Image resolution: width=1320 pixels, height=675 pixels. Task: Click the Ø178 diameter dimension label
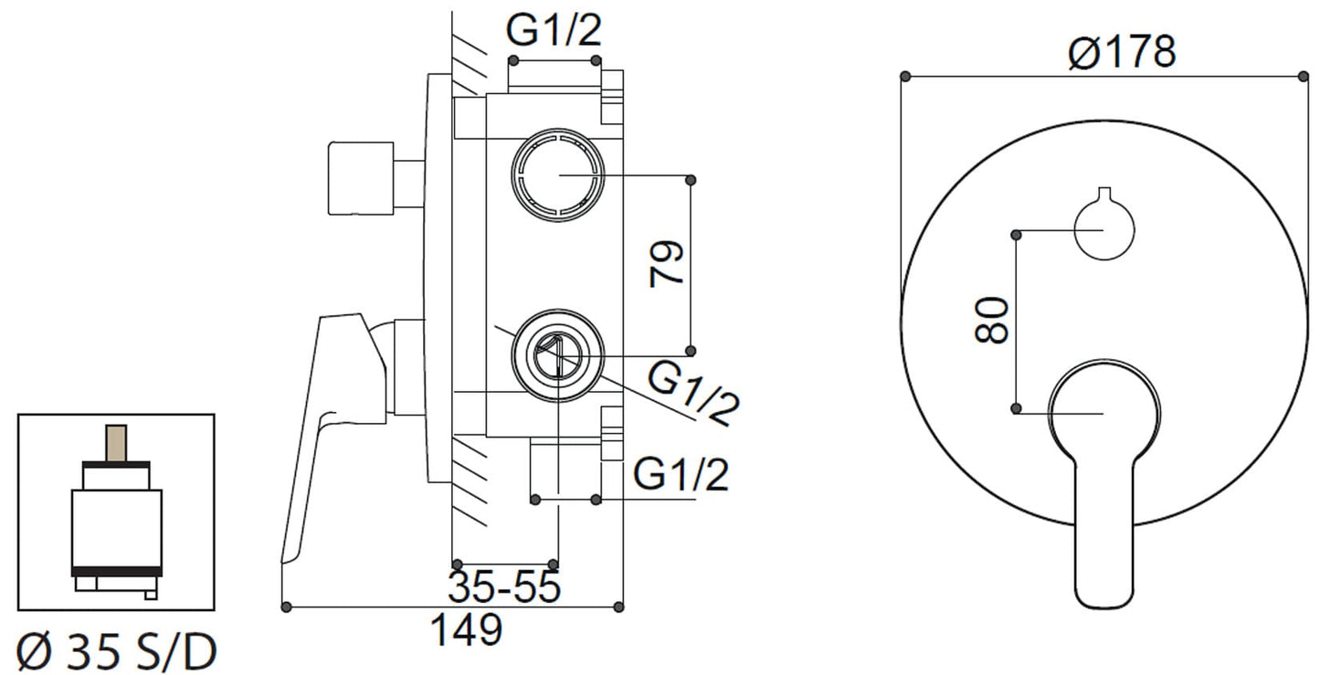coord(1121,53)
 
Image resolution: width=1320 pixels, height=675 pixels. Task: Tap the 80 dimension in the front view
coord(992,319)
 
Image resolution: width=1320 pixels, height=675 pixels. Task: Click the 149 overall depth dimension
coord(466,629)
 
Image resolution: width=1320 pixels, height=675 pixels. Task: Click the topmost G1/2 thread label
coord(554,31)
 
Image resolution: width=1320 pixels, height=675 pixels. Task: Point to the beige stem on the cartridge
coord(116,443)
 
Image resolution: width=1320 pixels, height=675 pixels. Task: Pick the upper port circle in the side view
coord(557,175)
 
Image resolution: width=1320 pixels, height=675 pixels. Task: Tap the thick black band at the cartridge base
coord(116,572)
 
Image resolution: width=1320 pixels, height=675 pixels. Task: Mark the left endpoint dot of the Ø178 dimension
coord(905,76)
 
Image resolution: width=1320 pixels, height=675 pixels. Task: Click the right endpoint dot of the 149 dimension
coord(621,606)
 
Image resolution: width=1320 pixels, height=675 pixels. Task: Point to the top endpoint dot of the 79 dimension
coord(690,178)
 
